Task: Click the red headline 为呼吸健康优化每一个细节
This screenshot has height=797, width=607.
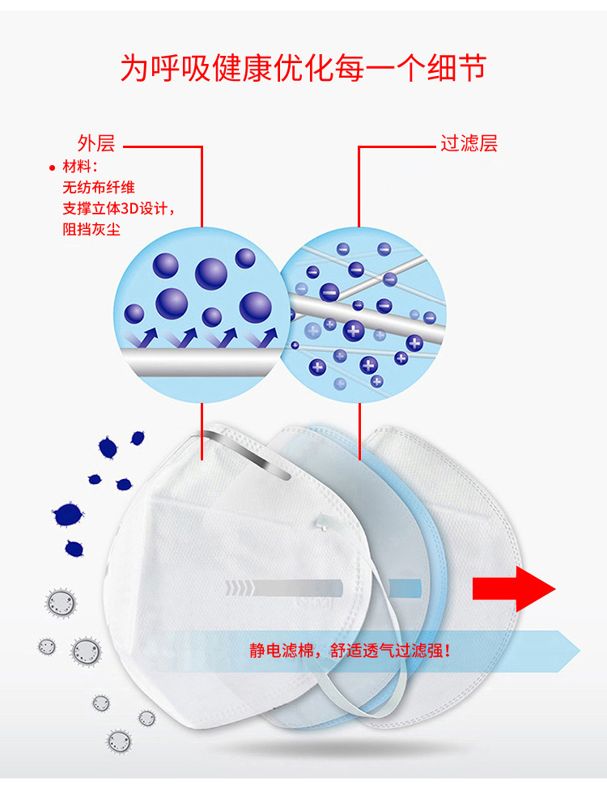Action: pyautogui.click(x=303, y=68)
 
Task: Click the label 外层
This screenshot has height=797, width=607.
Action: pyautogui.click(x=96, y=143)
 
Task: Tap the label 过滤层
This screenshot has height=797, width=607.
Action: pyautogui.click(x=469, y=143)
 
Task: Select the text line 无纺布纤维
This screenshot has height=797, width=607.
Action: pyautogui.click(x=99, y=188)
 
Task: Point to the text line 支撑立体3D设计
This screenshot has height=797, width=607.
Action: pyautogui.click(x=117, y=209)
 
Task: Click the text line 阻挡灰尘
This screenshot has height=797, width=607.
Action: pyautogui.click(x=91, y=229)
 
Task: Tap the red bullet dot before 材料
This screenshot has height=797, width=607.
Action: pyautogui.click(x=51, y=167)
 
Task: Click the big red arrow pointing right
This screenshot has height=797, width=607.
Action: pyautogui.click(x=513, y=588)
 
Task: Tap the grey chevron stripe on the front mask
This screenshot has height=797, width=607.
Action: pyautogui.click(x=284, y=588)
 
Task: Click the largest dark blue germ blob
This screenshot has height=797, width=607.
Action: pyautogui.click(x=68, y=514)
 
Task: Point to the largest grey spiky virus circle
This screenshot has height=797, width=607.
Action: pyautogui.click(x=86, y=651)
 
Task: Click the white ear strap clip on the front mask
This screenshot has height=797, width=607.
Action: pyautogui.click(x=323, y=524)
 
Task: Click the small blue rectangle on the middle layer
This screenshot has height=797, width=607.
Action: pyautogui.click(x=405, y=588)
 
